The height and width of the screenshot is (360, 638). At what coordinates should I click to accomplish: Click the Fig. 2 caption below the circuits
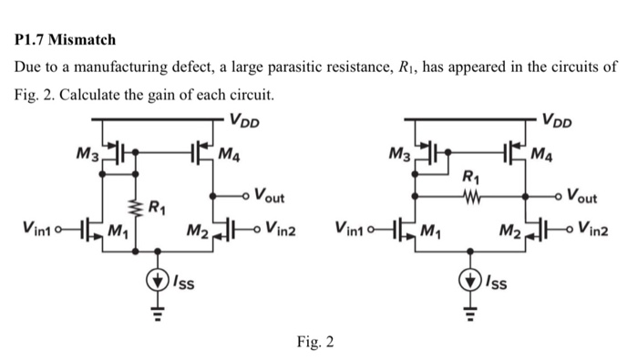pyautogui.click(x=314, y=343)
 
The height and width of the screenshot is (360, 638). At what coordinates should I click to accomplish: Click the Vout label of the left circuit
pyautogui.click(x=269, y=195)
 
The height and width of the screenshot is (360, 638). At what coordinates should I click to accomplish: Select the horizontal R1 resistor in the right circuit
pyautogui.click(x=470, y=194)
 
